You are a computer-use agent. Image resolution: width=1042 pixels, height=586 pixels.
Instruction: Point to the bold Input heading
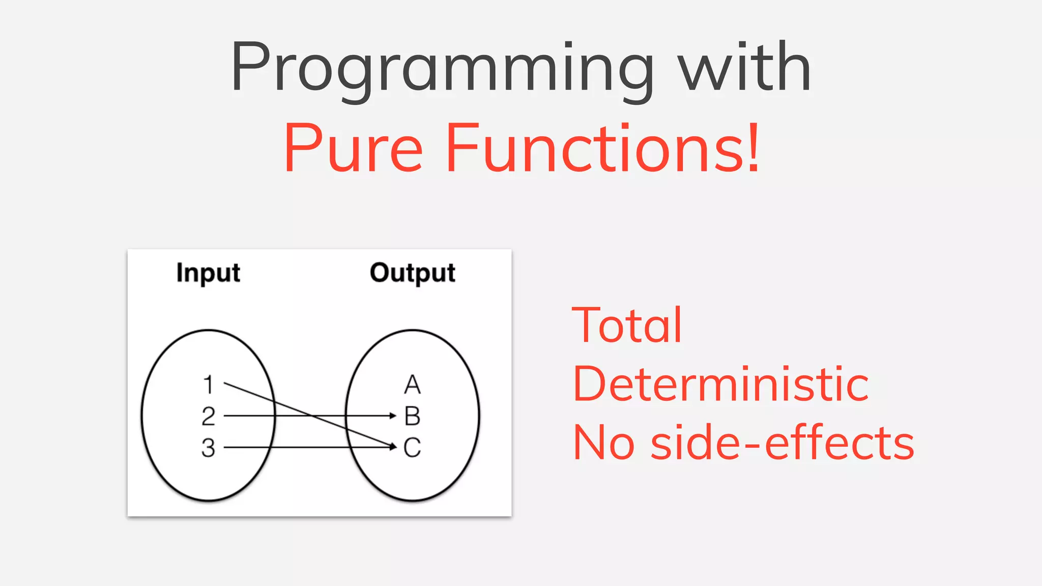208,273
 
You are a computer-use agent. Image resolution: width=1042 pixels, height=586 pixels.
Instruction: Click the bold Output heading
412,273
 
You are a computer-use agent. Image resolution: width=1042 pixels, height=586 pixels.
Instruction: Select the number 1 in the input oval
208,385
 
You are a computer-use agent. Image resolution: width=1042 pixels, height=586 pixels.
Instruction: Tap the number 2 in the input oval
208,416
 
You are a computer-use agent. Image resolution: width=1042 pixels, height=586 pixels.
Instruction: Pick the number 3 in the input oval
208,448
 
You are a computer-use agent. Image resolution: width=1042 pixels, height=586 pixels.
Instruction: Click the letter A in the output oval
412,385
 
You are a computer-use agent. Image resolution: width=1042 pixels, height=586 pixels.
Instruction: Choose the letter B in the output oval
412,416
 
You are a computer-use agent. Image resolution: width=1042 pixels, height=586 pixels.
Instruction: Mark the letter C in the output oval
412,448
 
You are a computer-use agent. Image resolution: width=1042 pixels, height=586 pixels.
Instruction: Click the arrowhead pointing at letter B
393,416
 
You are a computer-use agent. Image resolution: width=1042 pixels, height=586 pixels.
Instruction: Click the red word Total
626,326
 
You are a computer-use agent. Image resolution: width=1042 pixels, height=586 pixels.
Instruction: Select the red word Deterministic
720,385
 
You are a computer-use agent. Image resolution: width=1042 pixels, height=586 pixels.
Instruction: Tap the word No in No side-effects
603,443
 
